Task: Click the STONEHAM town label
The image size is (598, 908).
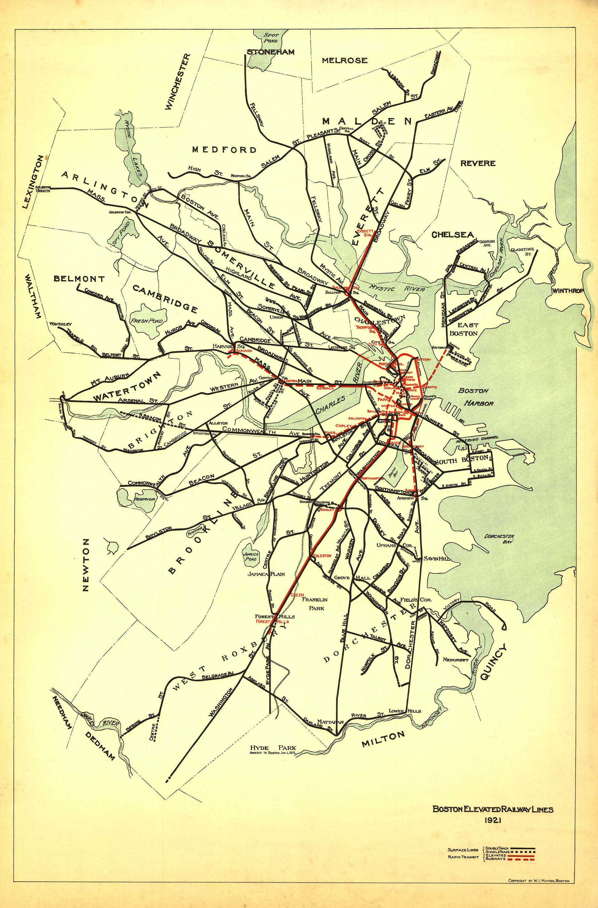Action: tap(270, 52)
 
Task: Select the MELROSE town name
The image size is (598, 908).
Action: tap(344, 60)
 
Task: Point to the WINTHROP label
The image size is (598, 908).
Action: tap(568, 291)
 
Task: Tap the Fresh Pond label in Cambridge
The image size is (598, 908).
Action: tap(147, 321)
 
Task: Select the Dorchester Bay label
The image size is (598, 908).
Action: tap(499, 539)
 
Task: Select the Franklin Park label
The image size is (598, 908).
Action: tap(315, 603)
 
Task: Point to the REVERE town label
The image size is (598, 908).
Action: tap(478, 163)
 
